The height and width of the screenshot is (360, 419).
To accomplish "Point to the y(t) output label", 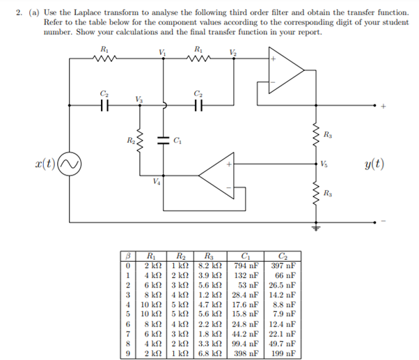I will [374, 165].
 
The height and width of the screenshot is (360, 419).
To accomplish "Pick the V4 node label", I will [157, 182].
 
